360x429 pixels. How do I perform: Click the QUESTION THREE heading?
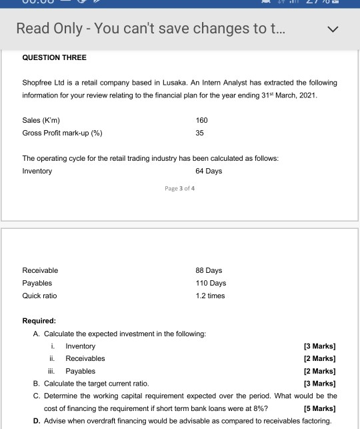tap(55, 57)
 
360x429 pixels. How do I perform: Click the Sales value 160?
tap(202, 120)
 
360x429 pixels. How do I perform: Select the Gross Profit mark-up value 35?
tap(200, 133)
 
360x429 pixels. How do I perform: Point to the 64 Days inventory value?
tap(209, 171)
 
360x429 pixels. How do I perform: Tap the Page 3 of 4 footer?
tap(179, 189)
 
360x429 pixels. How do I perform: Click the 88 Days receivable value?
tap(209, 270)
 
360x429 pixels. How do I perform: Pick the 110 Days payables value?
tap(211, 283)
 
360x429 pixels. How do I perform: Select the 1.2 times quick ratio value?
tap(210, 296)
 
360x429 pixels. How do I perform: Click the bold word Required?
tap(39, 321)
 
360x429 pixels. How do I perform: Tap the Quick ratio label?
tap(40, 296)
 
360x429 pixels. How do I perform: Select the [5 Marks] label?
tap(319, 408)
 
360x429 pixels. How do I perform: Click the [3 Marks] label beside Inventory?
tap(319, 346)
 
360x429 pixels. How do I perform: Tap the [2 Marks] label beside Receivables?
tap(319, 358)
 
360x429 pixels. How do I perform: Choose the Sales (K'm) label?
tap(41, 120)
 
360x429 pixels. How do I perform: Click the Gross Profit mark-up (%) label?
tap(63, 133)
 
